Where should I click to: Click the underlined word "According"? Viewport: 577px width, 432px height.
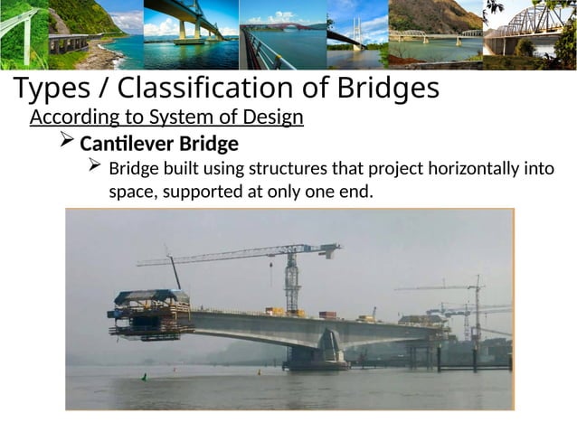(72, 118)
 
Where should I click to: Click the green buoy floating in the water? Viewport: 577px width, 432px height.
(143, 375)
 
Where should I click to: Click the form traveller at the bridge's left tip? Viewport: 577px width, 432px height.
(150, 313)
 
